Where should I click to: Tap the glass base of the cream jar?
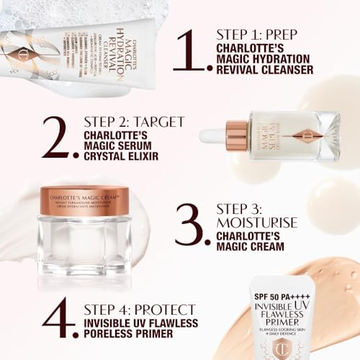pyautogui.click(x=84, y=241)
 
